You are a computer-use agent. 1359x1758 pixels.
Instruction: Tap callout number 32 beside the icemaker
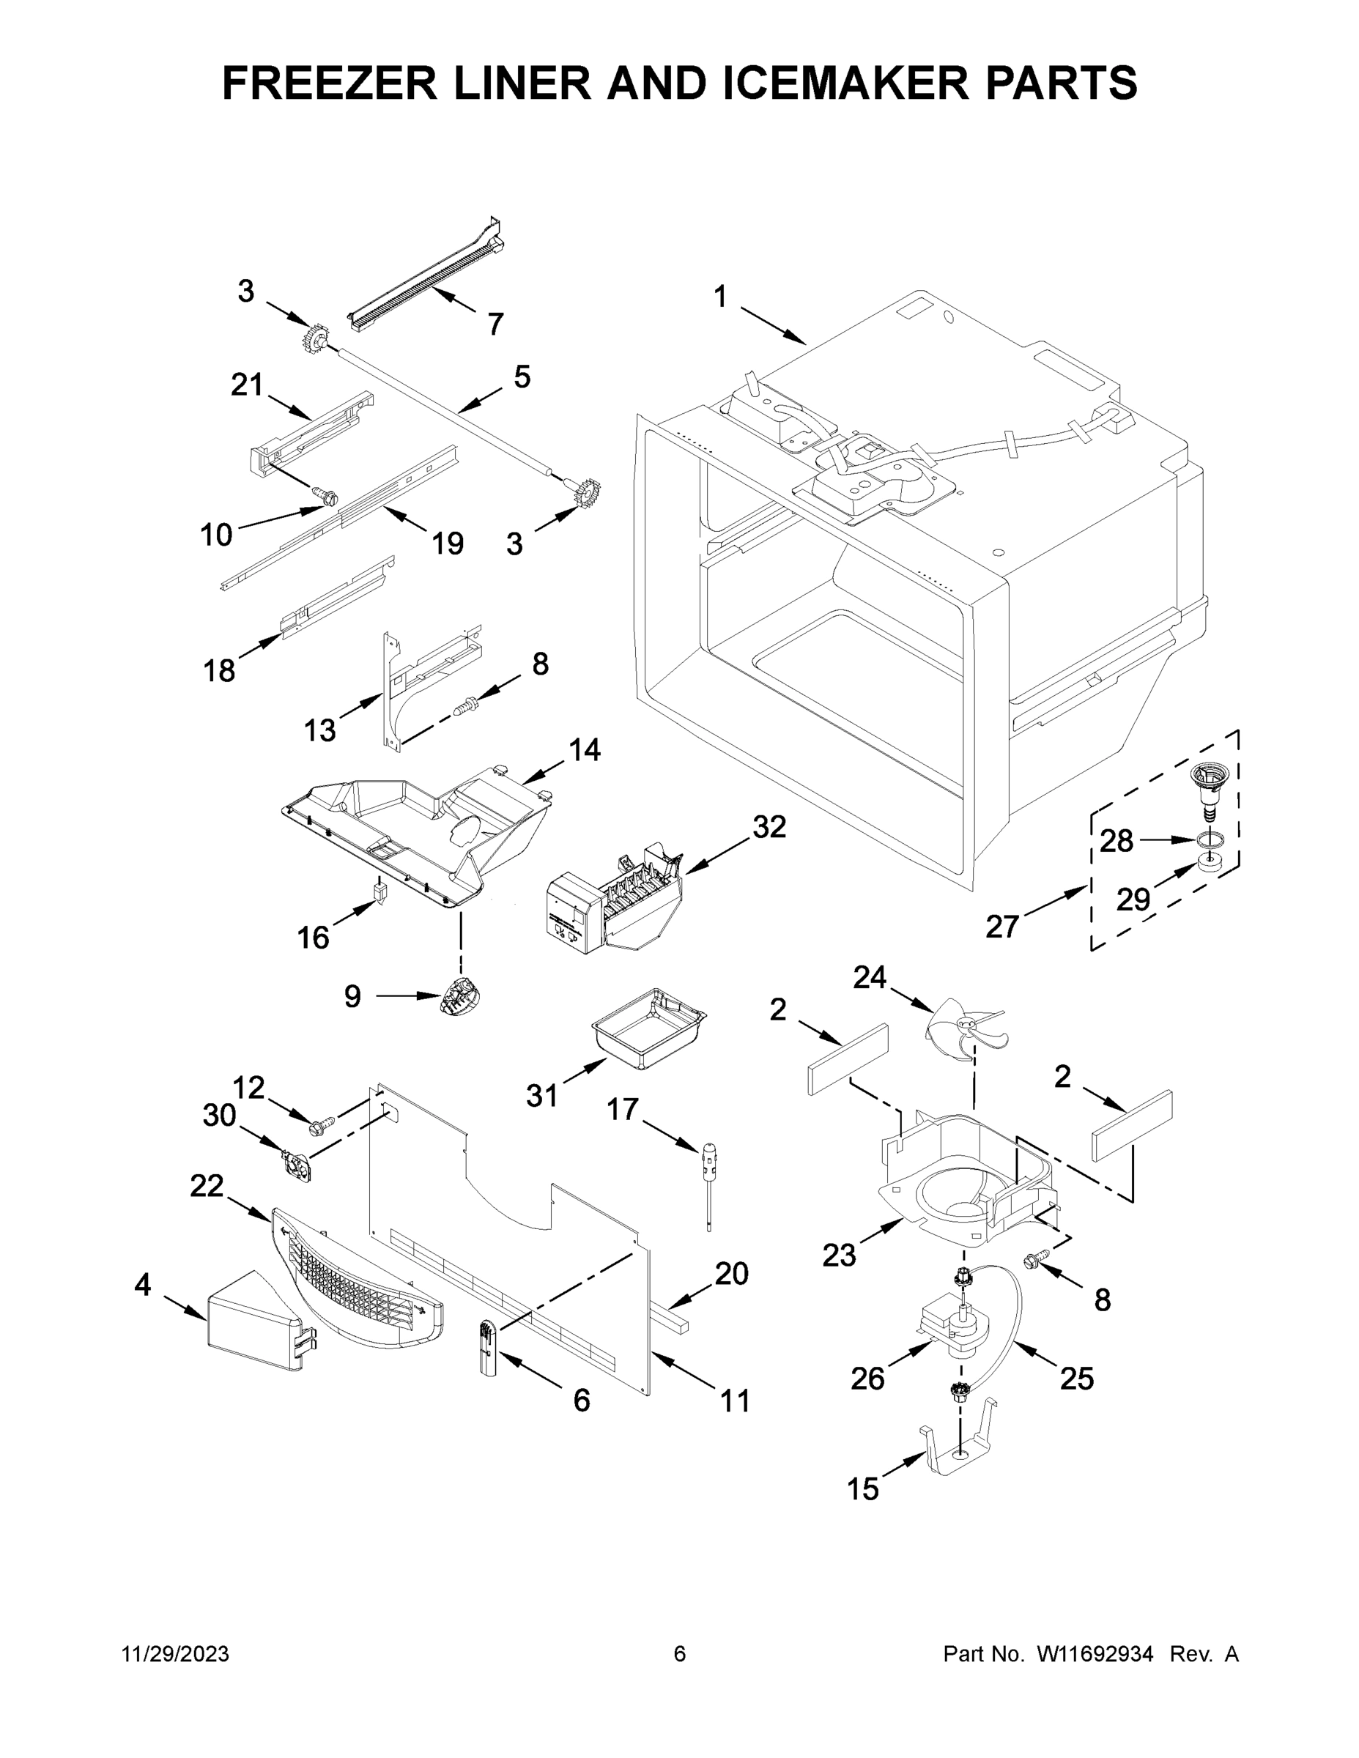[769, 827]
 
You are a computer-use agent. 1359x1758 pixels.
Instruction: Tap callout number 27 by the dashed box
[1002, 927]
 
